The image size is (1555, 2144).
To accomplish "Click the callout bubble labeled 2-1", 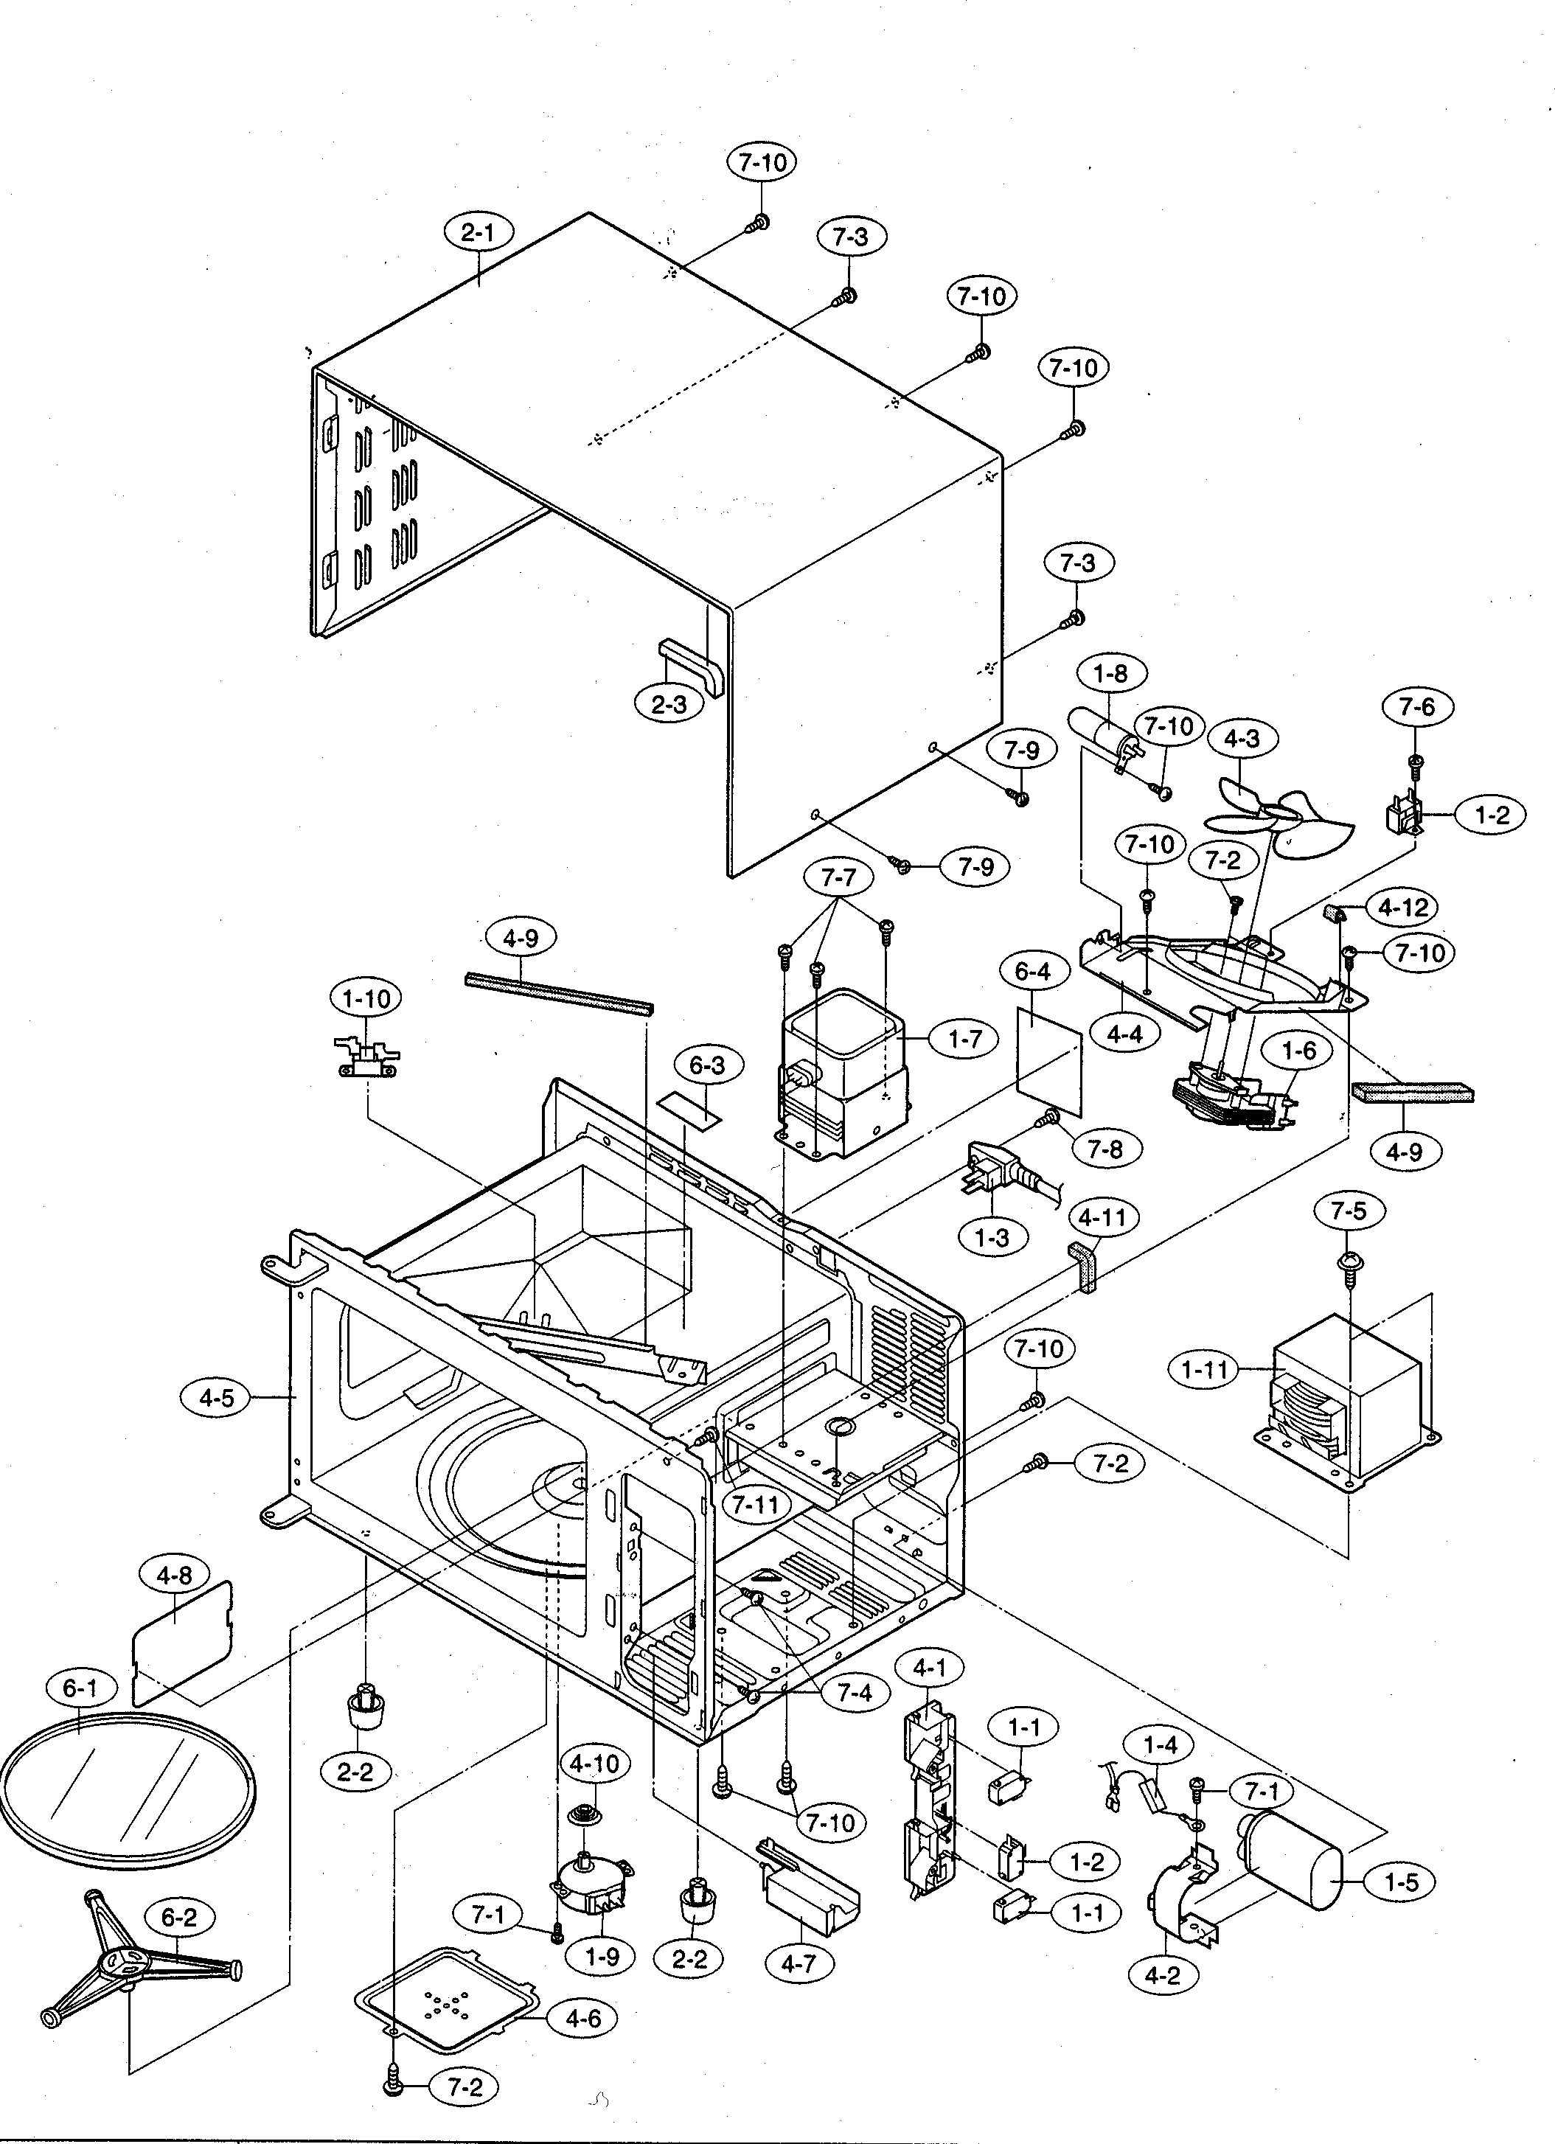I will click(x=479, y=232).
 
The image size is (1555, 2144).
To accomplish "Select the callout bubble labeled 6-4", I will click(x=1032, y=971).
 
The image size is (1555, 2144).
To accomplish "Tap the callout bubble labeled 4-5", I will click(x=215, y=1397).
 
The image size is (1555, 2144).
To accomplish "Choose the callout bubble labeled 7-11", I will click(x=754, y=1504).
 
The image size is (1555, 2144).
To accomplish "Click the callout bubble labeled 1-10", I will click(x=366, y=998).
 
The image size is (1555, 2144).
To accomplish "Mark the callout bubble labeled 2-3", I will click(x=668, y=704).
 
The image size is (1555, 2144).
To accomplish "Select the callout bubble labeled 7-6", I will click(x=1416, y=706).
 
